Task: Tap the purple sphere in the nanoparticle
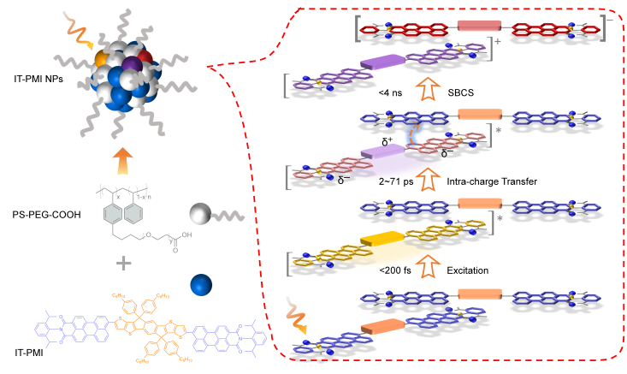click(132, 64)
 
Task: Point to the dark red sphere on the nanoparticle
click(145, 57)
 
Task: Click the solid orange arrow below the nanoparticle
click(123, 160)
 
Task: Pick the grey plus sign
click(124, 263)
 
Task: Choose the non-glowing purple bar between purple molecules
click(381, 62)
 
